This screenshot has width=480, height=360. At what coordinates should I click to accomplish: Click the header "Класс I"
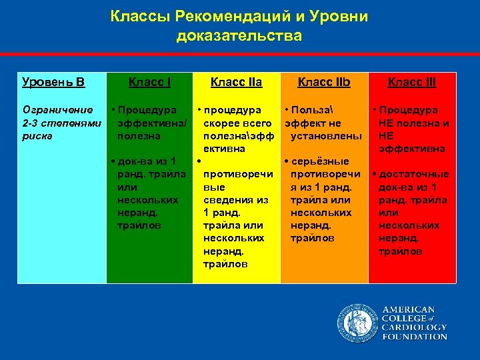tap(149, 83)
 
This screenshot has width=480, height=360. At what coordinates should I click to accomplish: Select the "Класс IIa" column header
tap(236, 83)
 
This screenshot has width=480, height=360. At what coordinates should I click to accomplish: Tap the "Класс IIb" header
tap(324, 83)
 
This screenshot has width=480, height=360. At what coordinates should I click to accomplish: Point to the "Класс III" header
tap(412, 83)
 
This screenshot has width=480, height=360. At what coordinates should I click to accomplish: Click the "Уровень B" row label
tap(53, 83)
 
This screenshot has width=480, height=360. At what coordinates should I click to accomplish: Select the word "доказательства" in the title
tap(239, 35)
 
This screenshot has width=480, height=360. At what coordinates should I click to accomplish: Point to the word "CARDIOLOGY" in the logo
tap(415, 327)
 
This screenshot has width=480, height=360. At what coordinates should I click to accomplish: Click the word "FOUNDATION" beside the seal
tap(415, 337)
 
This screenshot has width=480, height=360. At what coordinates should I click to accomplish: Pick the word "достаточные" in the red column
tap(413, 174)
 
